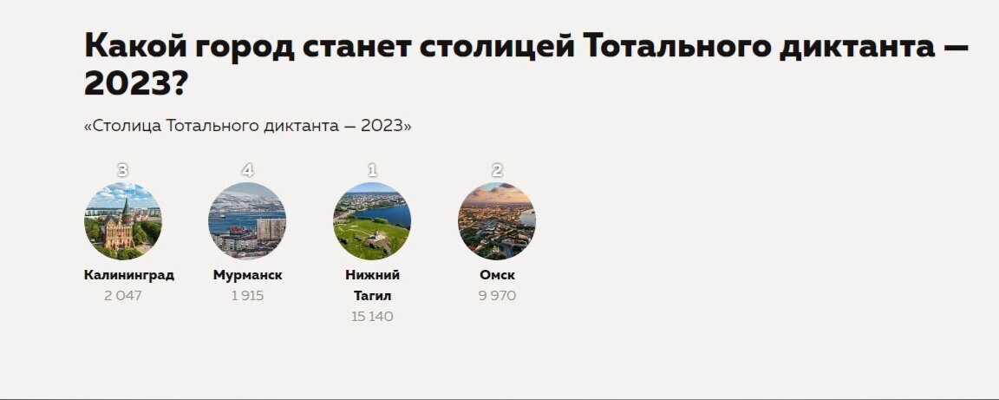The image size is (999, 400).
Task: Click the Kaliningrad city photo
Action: pos(122,221)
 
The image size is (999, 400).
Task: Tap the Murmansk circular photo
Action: pos(247,221)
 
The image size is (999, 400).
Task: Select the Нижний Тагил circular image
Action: pos(372,221)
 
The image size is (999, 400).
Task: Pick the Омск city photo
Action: pos(497,221)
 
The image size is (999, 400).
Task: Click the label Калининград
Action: pos(129,275)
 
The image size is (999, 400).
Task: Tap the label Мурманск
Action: pos(247,275)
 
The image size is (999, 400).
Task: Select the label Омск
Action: pos(497,275)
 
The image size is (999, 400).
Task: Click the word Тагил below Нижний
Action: pos(372,296)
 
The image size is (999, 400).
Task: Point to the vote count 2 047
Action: pos(122,296)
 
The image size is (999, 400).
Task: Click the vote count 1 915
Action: pos(247,296)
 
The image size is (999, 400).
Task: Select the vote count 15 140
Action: pos(372,317)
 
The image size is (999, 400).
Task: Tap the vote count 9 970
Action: pos(497,296)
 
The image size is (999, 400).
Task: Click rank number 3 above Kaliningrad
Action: pos(122,170)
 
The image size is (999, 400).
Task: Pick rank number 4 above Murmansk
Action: pos(247,170)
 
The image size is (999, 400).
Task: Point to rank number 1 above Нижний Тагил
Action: pos(372,170)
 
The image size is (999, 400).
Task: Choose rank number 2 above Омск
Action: pos(497,170)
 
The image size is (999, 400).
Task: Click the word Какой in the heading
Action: pos(134,47)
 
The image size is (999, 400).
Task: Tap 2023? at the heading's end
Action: pos(136,85)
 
